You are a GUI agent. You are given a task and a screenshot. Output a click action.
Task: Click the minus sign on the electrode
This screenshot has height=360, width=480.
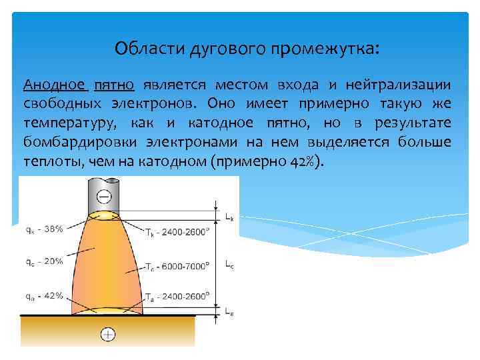tap(105, 195)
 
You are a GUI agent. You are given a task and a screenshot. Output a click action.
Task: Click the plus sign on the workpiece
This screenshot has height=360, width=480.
tap(106, 333)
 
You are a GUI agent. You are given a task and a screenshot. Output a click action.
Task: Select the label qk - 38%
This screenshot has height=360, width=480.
tap(45, 229)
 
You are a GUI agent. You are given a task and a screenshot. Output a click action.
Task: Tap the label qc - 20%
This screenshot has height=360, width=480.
tap(45, 261)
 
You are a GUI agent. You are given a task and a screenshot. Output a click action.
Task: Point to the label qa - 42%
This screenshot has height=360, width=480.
tap(45, 295)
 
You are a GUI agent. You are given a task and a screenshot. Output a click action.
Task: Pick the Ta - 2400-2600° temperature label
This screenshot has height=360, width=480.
tap(176, 297)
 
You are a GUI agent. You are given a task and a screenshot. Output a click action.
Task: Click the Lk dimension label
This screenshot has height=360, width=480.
tap(229, 217)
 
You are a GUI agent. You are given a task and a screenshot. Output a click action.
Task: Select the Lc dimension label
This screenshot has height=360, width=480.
tap(229, 264)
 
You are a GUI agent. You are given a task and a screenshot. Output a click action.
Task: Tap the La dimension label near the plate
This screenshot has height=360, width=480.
tap(229, 311)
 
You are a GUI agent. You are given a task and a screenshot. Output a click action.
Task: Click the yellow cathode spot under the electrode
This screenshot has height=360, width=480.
tap(105, 215)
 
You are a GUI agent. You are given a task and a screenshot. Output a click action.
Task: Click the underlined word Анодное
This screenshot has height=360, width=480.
tap(55, 85)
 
